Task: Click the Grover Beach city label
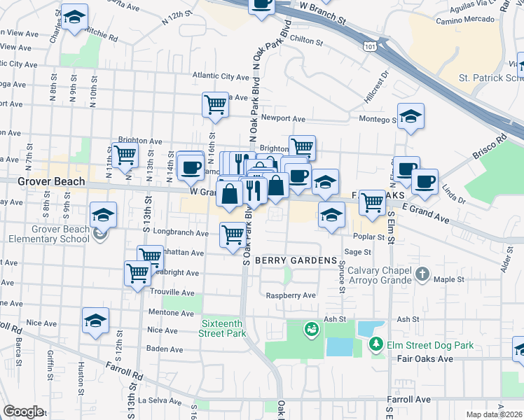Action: click(53, 181)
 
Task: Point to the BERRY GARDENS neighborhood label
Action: click(296, 260)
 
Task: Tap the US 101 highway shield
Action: click(368, 45)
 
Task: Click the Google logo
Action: click(23, 412)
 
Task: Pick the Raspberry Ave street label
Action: click(291, 295)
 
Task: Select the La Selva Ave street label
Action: click(160, 400)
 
